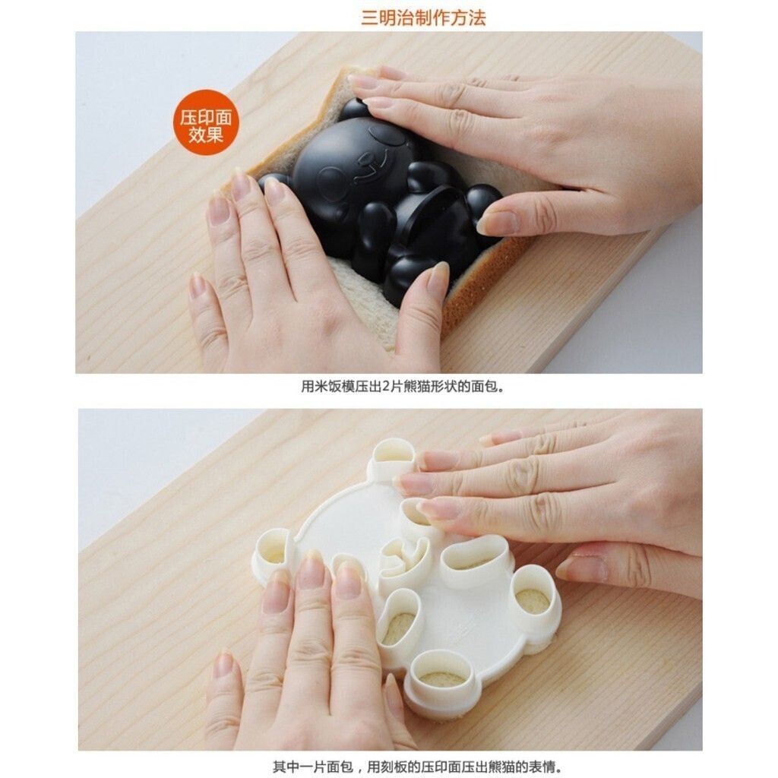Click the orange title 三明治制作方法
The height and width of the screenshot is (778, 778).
coord(422,17)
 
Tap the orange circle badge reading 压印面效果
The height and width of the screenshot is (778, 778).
coord(206,122)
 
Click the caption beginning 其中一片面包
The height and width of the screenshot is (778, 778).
coord(417,767)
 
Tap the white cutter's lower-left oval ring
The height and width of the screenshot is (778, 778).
coord(400,618)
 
